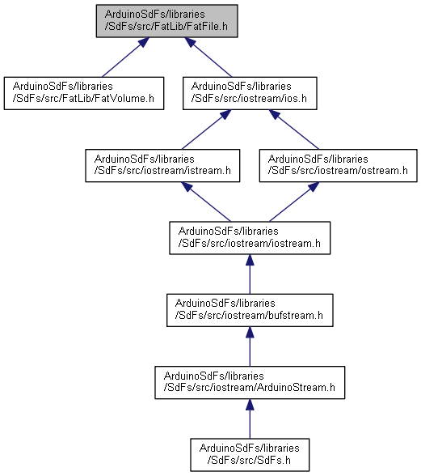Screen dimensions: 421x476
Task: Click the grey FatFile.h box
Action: pyautogui.click(x=166, y=21)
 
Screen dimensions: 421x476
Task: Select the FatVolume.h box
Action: pyautogui.click(x=84, y=93)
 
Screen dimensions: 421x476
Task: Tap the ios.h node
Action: pyautogui.click(x=250, y=93)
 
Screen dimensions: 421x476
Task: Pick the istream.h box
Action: pyautogui.click(x=162, y=165)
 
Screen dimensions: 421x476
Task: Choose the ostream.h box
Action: pyautogui.click(x=339, y=165)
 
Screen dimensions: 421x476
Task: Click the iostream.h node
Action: pyautogui.click(x=250, y=238)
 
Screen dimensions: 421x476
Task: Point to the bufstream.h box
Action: pyautogui.click(x=250, y=310)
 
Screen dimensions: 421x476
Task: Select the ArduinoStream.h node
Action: pyautogui.click(x=250, y=382)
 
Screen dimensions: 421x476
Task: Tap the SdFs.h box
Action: pyautogui.click(x=250, y=455)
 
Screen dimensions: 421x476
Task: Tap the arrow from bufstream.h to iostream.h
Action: pyautogui.click(x=250, y=274)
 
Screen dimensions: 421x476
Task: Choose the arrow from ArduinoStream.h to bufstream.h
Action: pyautogui.click(x=250, y=346)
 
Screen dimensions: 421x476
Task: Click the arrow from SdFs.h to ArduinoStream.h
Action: pyautogui.click(x=250, y=419)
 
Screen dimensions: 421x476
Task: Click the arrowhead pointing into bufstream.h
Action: pyautogui.click(x=250, y=332)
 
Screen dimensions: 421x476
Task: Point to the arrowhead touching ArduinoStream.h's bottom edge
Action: pyautogui.click(x=250, y=405)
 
